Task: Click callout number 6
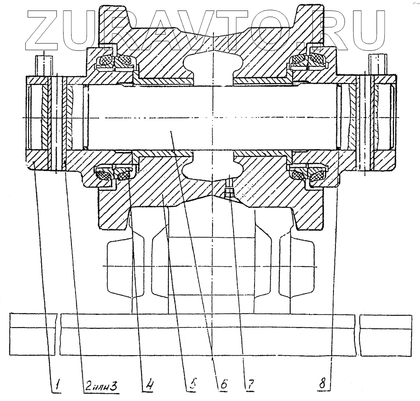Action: [x=223, y=383]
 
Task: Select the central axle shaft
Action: [x=210, y=118]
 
